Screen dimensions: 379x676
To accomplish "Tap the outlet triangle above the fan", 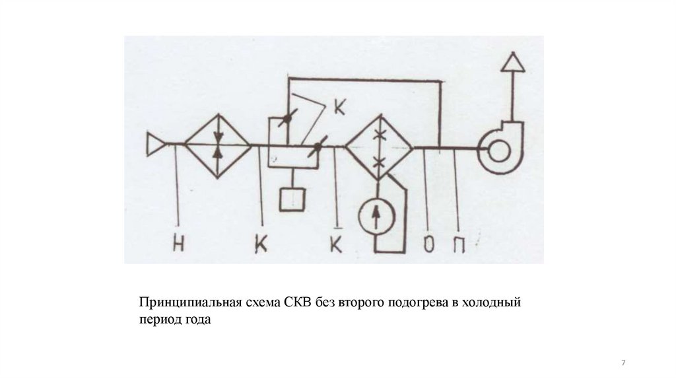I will point(512,62).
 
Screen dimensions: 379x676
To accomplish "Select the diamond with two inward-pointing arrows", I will point(218,145).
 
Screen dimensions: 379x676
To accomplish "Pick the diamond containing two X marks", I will point(379,147).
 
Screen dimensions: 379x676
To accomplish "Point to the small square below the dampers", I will point(291,199).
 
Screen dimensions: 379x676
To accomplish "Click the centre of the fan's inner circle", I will point(497,151).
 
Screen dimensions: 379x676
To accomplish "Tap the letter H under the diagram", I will point(178,245).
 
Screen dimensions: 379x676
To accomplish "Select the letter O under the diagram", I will point(428,245).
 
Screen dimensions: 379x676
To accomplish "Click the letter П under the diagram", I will point(458,245).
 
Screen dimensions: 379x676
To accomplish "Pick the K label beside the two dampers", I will point(339,108).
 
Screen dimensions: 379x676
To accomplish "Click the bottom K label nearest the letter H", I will point(261,245).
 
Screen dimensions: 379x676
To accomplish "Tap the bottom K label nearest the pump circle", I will point(337,245).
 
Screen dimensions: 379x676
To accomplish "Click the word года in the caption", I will point(197,320).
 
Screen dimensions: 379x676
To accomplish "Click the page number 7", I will point(624,364).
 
